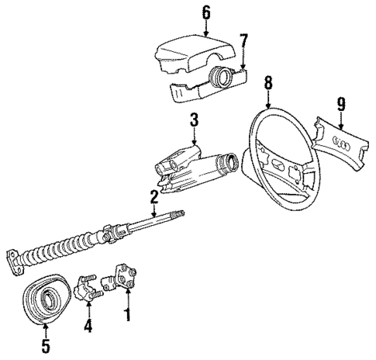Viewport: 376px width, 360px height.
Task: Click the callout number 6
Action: tap(206, 13)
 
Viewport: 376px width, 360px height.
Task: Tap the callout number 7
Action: tap(244, 40)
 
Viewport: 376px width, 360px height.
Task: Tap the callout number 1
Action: tap(128, 315)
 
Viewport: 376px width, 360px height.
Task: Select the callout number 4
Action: tap(88, 326)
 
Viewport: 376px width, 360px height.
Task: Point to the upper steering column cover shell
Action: tap(186, 57)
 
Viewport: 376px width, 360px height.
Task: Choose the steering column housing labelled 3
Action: tap(190, 167)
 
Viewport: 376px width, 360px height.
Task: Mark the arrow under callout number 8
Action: tap(268, 96)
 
